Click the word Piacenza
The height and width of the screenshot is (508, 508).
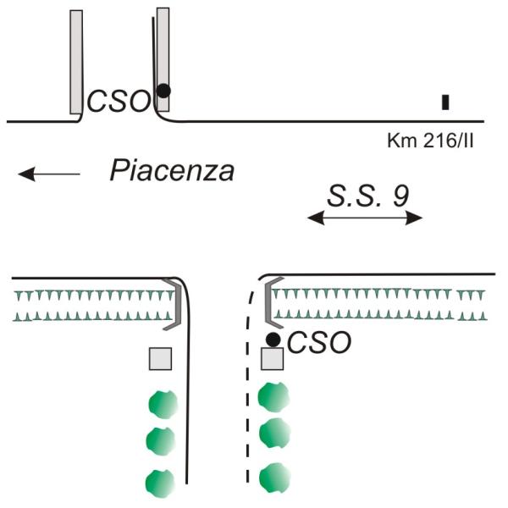click(172, 172)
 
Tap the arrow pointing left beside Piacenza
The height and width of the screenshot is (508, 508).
click(49, 174)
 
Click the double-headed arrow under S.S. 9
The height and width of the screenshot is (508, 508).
click(364, 218)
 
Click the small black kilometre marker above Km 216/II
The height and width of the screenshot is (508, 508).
click(445, 102)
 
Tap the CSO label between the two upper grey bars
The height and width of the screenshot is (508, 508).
click(119, 102)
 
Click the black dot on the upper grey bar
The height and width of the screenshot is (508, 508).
click(163, 90)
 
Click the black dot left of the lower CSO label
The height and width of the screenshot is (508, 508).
click(273, 339)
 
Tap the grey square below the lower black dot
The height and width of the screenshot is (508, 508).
click(272, 359)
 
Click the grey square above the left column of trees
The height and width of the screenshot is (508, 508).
click(161, 359)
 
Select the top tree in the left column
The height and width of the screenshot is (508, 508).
click(162, 403)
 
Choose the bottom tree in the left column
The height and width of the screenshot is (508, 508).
click(161, 482)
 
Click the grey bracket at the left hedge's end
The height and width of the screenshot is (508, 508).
click(174, 303)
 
